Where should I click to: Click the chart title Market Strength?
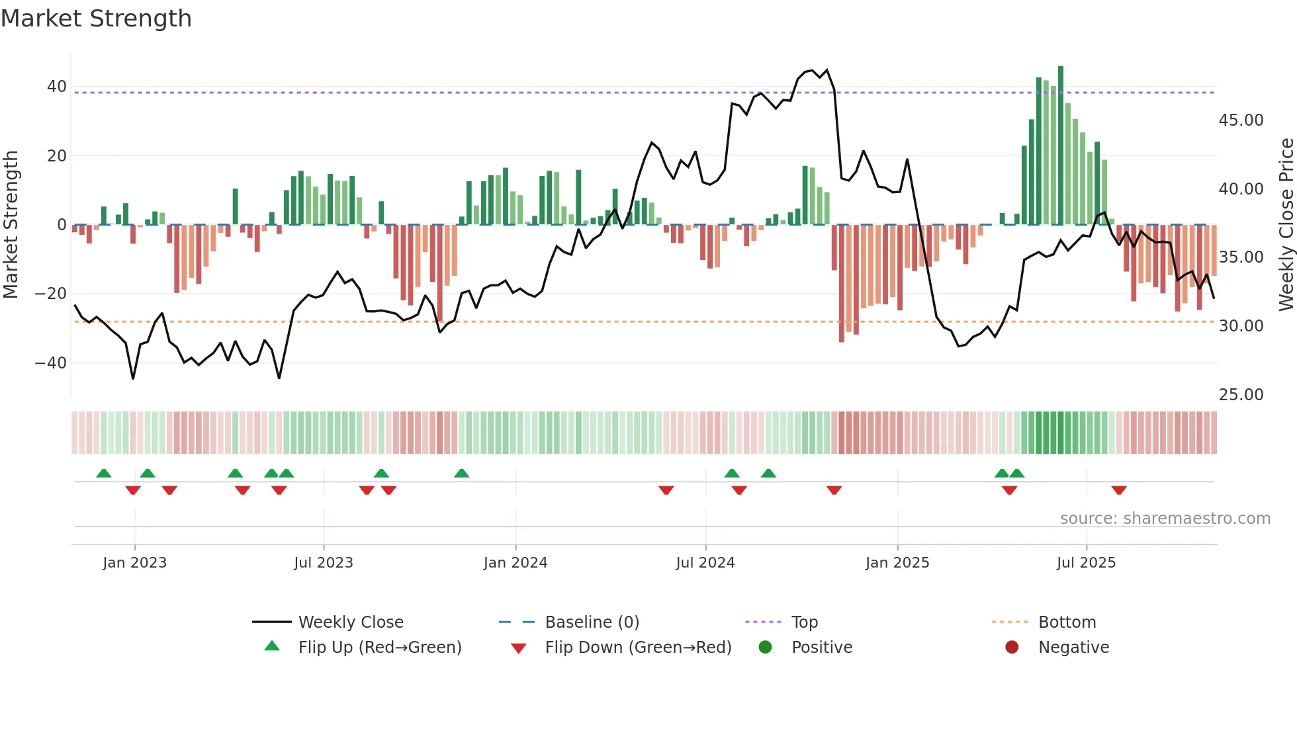point(96,19)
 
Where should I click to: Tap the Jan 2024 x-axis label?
point(515,563)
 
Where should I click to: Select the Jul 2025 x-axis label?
point(1086,563)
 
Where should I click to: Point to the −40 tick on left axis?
point(50,363)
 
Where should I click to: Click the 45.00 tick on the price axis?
point(1241,120)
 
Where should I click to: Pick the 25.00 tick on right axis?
point(1241,395)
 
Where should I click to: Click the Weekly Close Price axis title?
point(1286,225)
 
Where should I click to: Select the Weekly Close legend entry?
point(350,622)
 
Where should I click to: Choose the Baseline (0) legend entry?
point(592,622)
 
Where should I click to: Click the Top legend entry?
point(804,622)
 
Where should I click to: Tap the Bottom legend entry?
point(1067,622)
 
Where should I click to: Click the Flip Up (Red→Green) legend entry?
point(379,648)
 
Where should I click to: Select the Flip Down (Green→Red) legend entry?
point(638,648)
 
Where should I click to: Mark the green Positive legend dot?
point(765,648)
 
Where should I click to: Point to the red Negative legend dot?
point(1011,648)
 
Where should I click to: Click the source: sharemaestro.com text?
point(1165,519)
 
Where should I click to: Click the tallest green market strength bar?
point(1061,146)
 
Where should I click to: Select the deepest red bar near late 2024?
point(842,284)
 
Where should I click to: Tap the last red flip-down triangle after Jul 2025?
point(1119,490)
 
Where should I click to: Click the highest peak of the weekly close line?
point(827,70)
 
